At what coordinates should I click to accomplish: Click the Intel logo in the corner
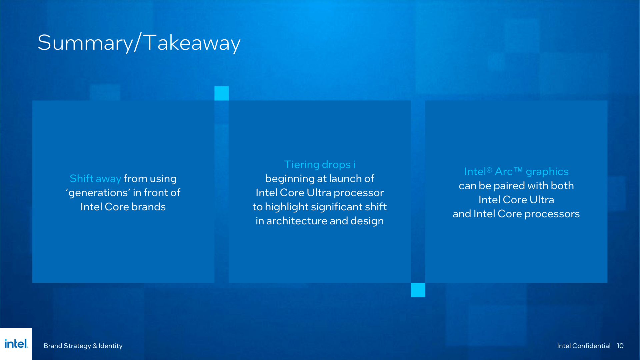16,344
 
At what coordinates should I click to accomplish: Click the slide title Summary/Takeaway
139,43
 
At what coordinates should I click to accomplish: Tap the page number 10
620,346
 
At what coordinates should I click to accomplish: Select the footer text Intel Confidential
584,346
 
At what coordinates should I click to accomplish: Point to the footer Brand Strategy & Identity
83,346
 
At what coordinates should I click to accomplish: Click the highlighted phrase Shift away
95,179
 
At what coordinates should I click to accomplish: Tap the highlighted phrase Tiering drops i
320,165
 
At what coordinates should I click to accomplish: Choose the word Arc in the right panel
504,172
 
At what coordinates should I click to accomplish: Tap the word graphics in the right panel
547,172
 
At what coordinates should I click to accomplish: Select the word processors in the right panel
552,214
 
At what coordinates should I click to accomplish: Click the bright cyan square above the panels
221,93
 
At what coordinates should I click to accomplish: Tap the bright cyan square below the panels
418,290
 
